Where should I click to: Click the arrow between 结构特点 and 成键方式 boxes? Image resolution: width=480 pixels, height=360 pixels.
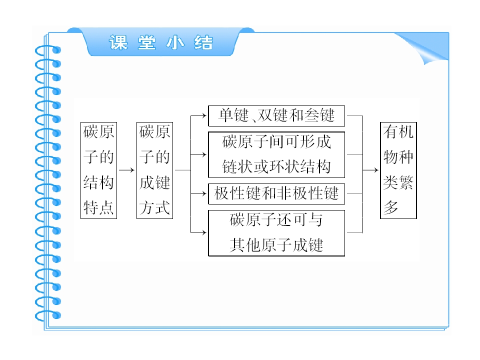pyautogui.click(x=126, y=170)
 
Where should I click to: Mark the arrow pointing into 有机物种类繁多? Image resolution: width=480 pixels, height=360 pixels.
pyautogui.click(x=370, y=170)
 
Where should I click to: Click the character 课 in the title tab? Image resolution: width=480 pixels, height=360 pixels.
pyautogui.click(x=118, y=42)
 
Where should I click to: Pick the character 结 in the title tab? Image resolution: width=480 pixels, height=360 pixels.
pyautogui.click(x=203, y=42)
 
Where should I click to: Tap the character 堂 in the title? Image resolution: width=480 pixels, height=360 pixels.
pyautogui.click(x=146, y=42)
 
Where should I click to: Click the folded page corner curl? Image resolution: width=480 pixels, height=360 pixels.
pyautogui.click(x=425, y=49)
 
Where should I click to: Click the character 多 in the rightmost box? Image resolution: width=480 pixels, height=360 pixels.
pyautogui.click(x=391, y=207)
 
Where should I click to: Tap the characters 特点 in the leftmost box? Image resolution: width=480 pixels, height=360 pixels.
pyautogui.click(x=98, y=208)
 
